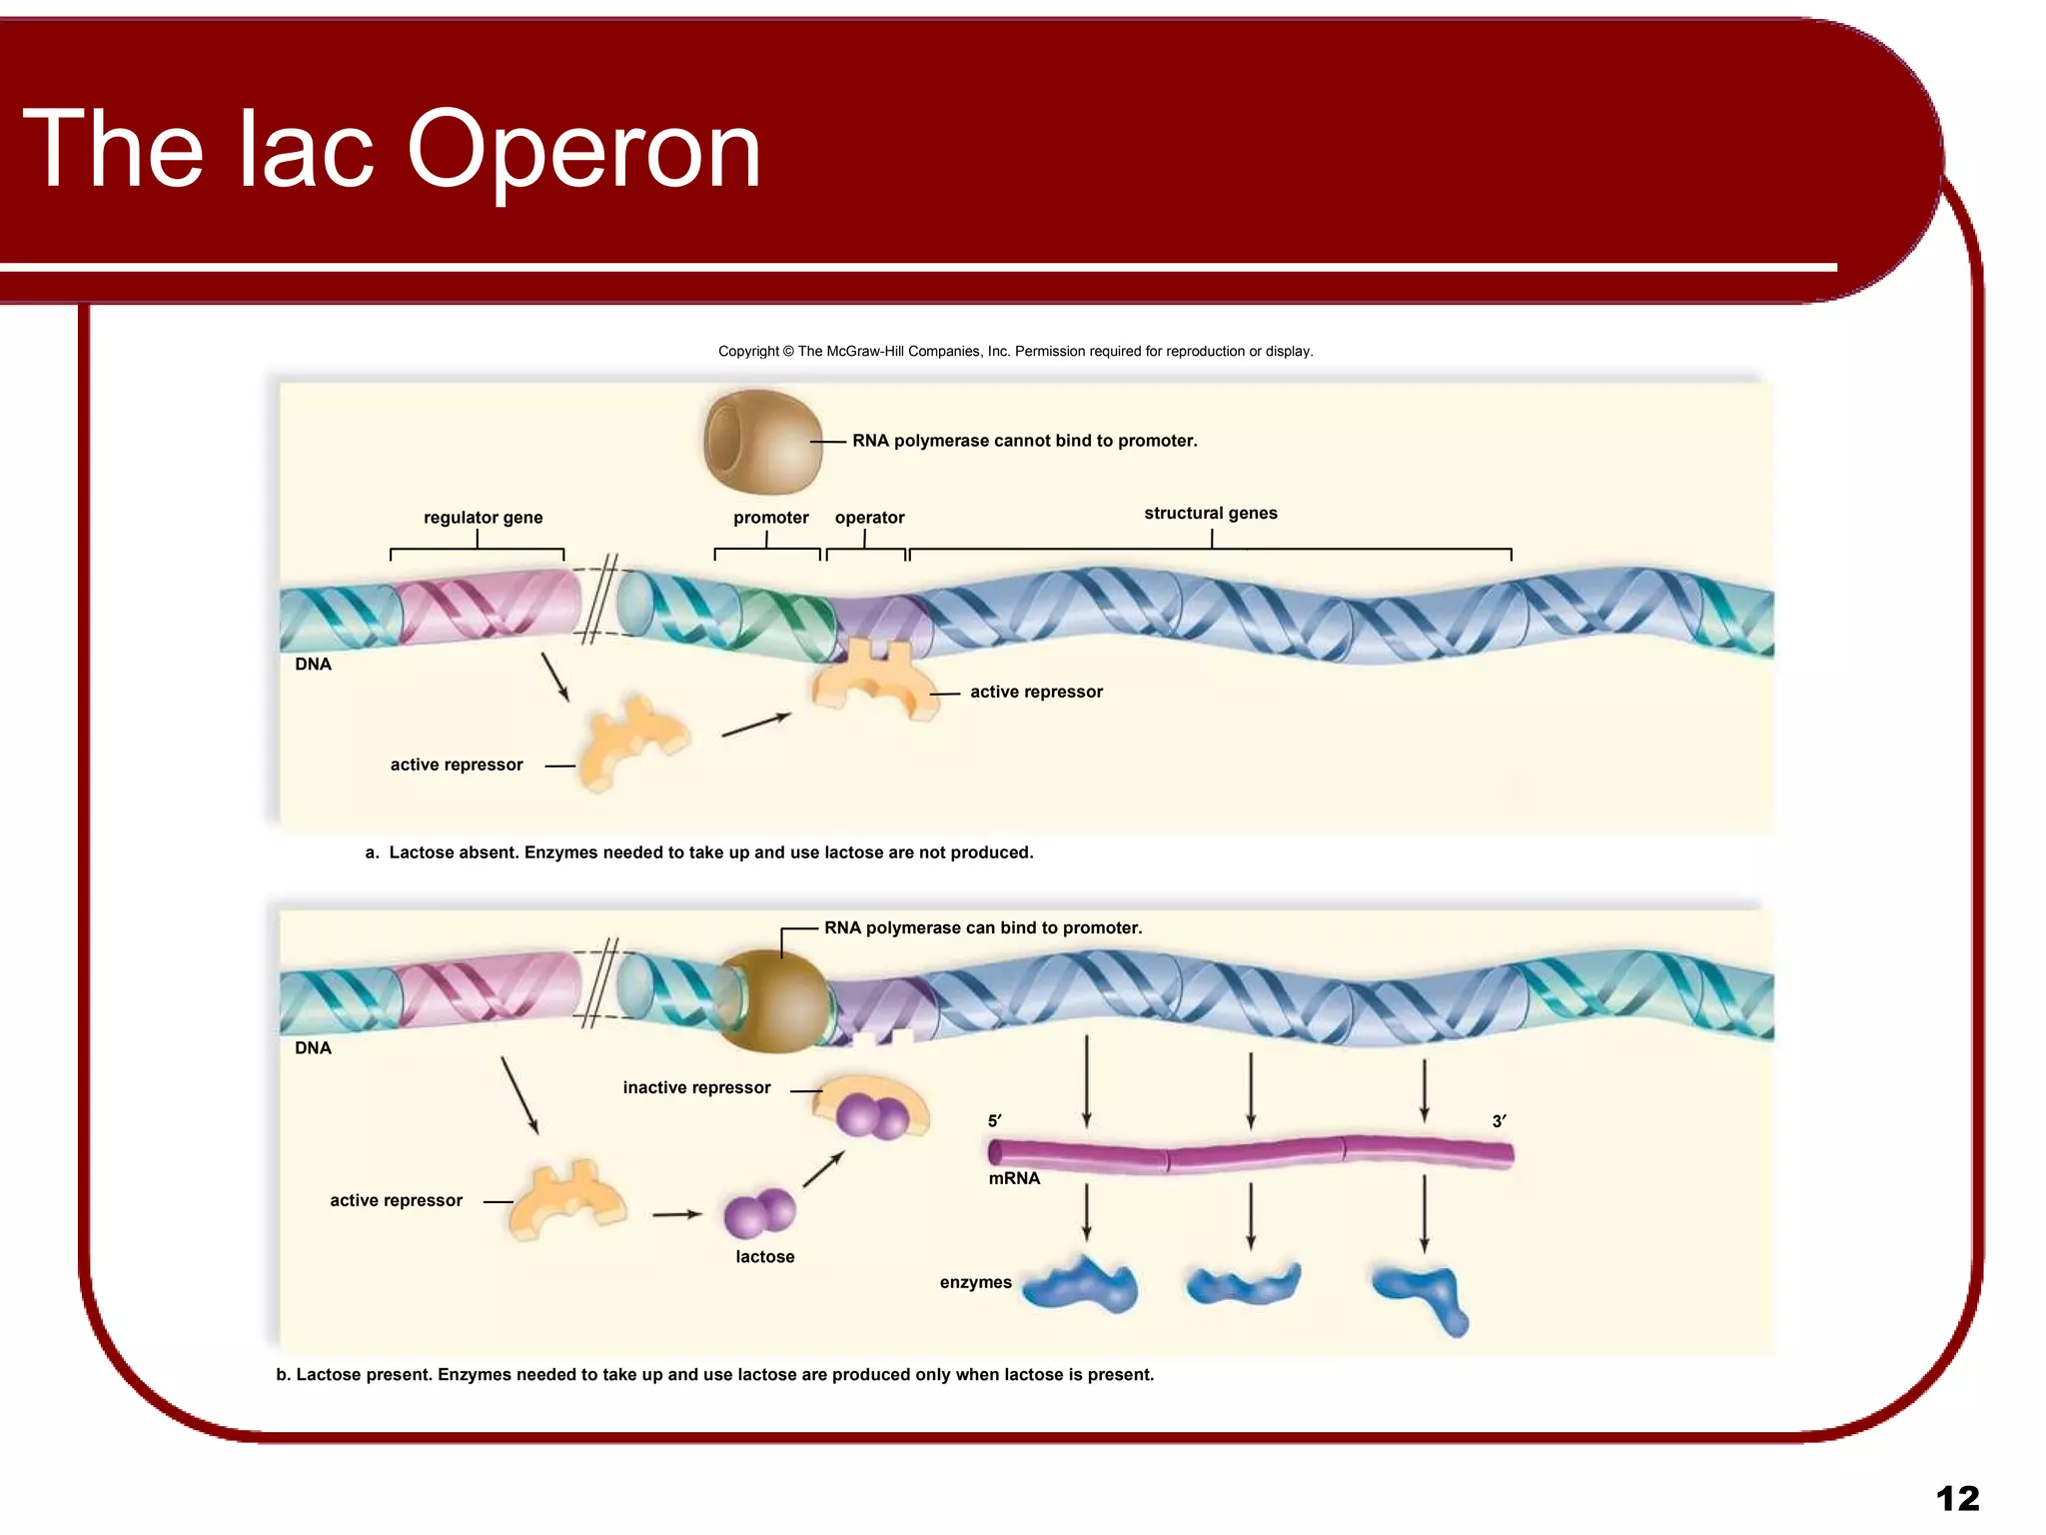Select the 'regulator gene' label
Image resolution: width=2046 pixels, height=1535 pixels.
[483, 518]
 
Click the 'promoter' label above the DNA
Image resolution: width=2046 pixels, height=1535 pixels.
[770, 518]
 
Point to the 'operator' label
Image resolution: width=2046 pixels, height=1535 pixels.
[869, 518]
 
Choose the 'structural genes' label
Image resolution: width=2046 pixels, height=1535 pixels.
[1210, 514]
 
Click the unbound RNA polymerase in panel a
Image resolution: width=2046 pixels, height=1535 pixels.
[762, 442]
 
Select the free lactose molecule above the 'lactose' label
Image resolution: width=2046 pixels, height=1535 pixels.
[760, 1212]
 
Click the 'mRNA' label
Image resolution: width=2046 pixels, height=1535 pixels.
[1014, 1179]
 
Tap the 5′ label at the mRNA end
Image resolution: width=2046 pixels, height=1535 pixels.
[994, 1121]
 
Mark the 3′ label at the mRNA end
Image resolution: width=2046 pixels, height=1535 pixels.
[1499, 1121]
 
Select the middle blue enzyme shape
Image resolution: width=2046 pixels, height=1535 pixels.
[1244, 1285]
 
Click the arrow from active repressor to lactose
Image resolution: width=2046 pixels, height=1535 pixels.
[676, 1214]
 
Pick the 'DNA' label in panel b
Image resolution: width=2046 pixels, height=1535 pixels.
[313, 1048]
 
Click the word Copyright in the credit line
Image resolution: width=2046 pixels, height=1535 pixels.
[748, 352]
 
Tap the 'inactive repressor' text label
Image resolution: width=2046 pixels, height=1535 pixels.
[696, 1088]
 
